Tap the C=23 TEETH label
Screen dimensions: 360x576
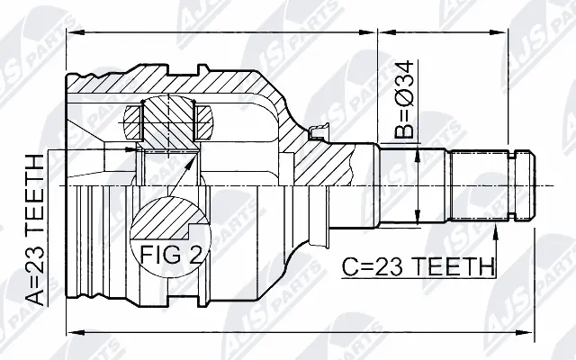418,267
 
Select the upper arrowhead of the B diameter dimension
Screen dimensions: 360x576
417,156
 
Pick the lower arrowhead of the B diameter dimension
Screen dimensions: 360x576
417,218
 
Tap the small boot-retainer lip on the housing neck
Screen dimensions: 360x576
317,135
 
